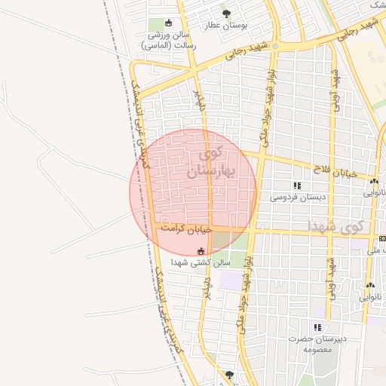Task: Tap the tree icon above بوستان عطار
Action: (x=227, y=13)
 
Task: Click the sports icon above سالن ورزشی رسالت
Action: (x=167, y=23)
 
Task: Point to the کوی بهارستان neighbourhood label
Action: (x=207, y=164)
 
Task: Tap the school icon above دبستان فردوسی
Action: (x=297, y=185)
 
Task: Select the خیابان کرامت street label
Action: (x=186, y=228)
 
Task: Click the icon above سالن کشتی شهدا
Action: (x=201, y=251)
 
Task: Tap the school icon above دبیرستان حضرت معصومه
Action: (x=317, y=327)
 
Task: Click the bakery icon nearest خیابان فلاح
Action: (x=374, y=181)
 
